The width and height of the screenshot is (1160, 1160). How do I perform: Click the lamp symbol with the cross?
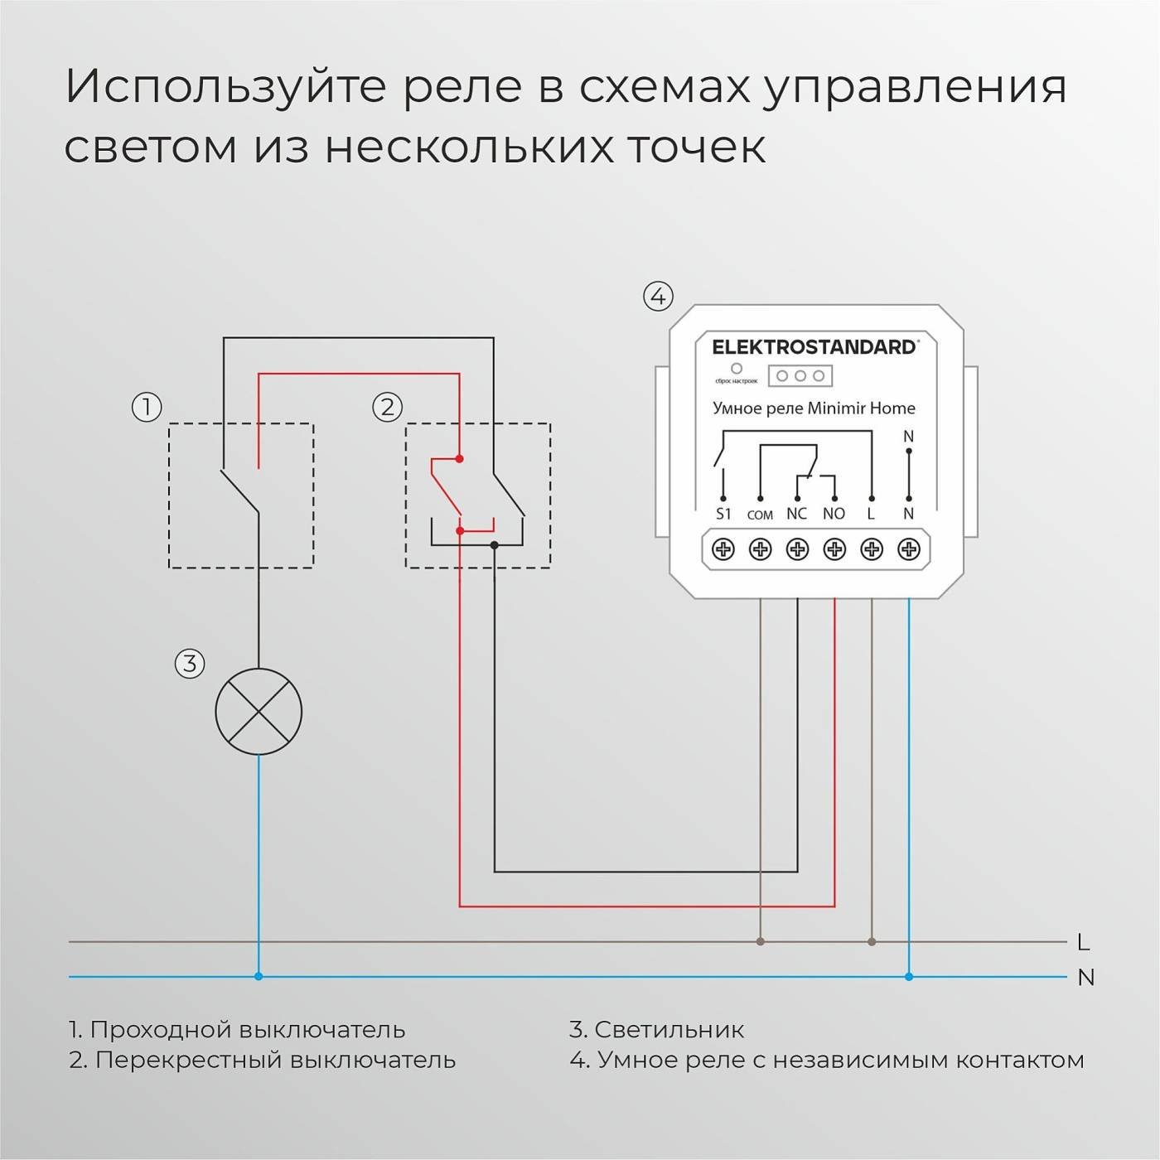(259, 712)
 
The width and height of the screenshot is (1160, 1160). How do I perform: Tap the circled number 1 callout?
(147, 407)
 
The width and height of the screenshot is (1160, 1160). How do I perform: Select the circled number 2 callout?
(387, 407)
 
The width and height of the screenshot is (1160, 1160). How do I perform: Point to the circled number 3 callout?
(190, 663)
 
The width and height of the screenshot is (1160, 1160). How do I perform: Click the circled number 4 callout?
(658, 296)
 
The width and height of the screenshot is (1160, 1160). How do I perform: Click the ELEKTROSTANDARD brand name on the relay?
(814, 347)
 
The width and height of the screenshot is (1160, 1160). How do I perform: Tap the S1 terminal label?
(723, 514)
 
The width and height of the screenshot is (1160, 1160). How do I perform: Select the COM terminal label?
(760, 515)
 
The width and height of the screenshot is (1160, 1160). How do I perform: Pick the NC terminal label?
(796, 514)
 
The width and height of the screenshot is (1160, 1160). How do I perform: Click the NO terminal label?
(834, 514)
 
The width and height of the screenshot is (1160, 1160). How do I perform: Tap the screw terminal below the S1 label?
(723, 549)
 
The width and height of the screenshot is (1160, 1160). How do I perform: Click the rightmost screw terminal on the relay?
(909, 549)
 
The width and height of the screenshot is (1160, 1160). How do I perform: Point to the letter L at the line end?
(1083, 942)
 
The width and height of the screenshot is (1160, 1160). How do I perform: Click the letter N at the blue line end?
(1085, 978)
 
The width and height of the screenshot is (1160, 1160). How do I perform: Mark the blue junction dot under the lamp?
(259, 977)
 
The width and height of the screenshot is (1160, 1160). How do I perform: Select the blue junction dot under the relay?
(909, 977)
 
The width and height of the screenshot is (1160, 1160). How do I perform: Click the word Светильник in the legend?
(669, 1029)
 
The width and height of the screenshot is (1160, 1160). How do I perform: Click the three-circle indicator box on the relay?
(800, 375)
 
